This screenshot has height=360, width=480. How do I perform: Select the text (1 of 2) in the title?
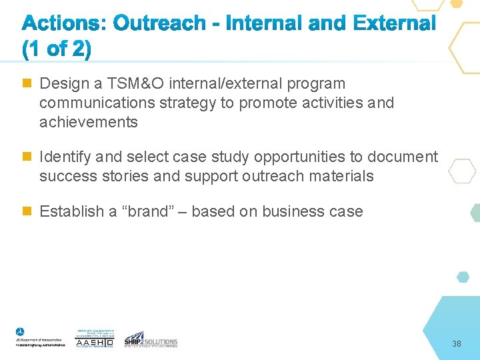(57, 50)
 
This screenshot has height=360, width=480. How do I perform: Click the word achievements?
(89, 123)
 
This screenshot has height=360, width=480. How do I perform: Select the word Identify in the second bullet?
(65, 157)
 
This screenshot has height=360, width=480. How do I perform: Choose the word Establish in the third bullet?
(72, 212)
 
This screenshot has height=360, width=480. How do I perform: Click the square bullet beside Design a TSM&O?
(27, 84)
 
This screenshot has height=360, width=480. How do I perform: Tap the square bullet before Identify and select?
(27, 157)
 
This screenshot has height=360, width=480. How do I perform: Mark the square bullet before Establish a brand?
(27, 212)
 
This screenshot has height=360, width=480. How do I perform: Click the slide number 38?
(457, 344)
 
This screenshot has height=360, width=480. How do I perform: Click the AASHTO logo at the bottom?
(95, 339)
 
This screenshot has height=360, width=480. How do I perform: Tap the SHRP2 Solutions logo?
(151, 339)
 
